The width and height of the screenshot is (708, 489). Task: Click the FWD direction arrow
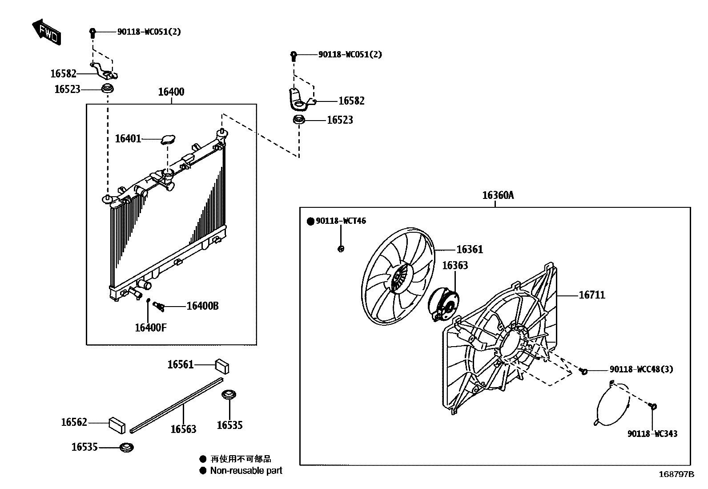click(46, 31)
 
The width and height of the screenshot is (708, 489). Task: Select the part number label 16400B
click(202, 306)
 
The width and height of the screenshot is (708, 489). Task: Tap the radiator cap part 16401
click(168, 140)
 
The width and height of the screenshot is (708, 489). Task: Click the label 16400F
click(151, 328)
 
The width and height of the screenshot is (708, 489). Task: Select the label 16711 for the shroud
click(591, 295)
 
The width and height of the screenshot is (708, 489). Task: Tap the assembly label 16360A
click(498, 195)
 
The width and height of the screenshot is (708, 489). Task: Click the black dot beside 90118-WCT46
click(310, 221)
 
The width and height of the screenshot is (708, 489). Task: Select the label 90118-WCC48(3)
click(641, 369)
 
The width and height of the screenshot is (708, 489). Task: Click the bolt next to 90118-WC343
click(653, 406)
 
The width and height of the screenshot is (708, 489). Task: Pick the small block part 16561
click(222, 365)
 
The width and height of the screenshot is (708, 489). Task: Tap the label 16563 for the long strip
click(183, 429)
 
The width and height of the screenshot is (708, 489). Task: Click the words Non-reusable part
click(246, 470)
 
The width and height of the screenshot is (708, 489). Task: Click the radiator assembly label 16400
click(171, 92)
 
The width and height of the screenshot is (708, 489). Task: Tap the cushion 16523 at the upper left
click(108, 88)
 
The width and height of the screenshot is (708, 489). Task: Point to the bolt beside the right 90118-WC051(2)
click(294, 56)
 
